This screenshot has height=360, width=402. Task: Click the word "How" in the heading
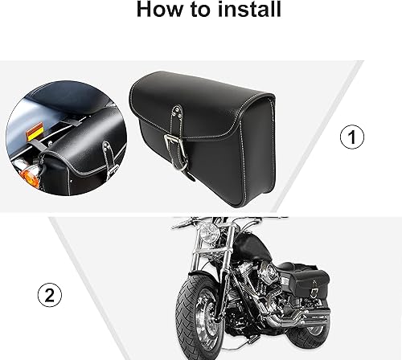point(157,10)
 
